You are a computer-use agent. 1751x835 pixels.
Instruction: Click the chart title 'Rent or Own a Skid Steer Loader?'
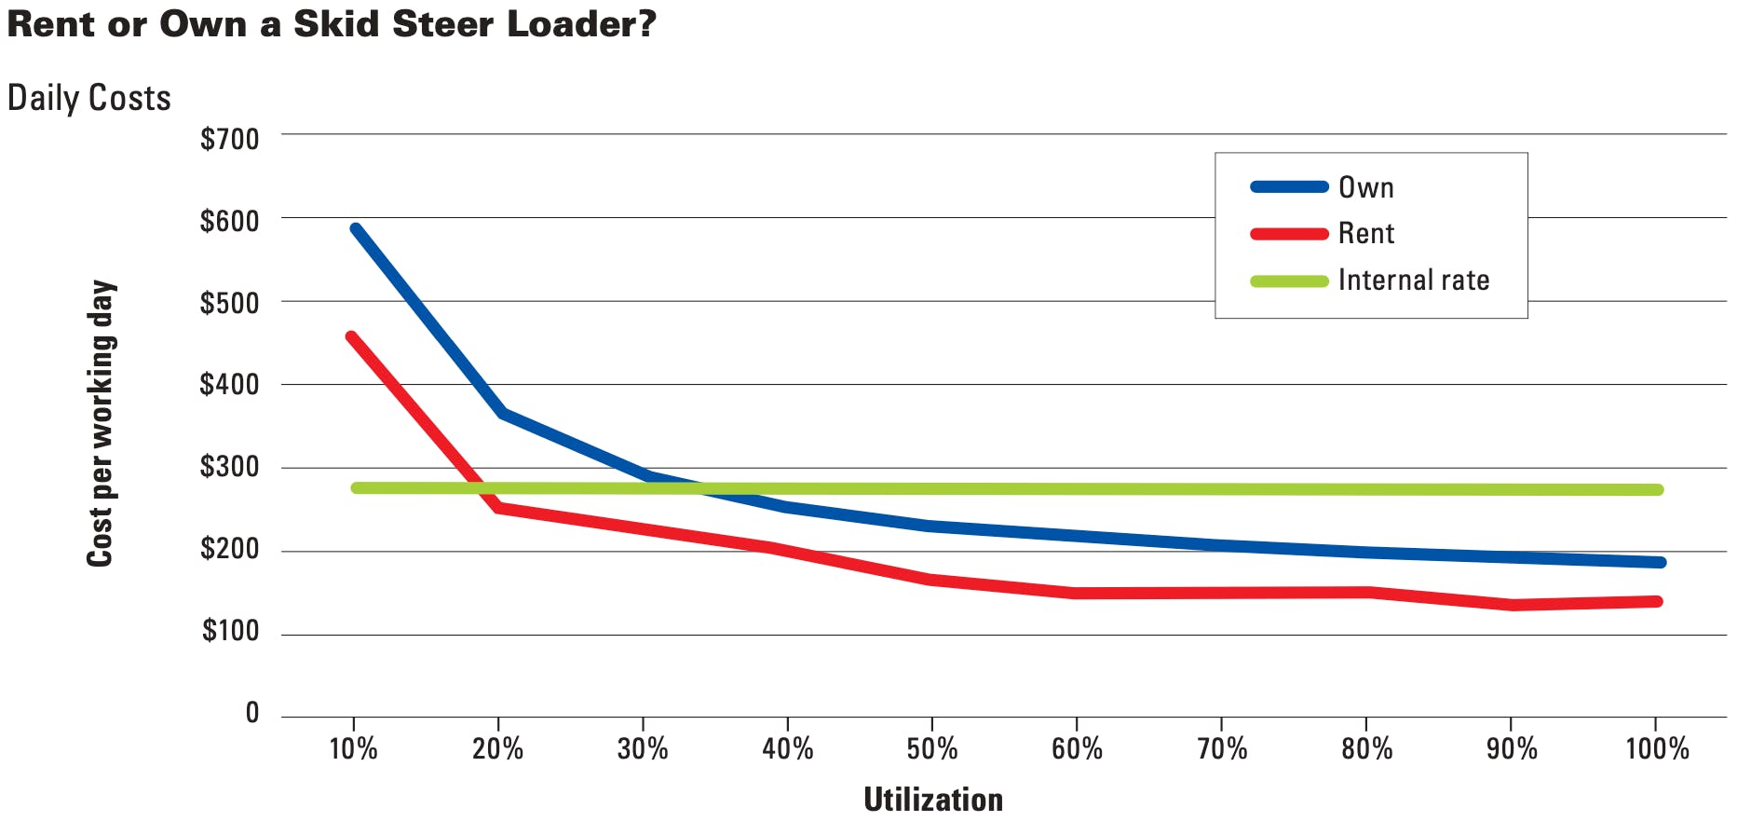click(x=332, y=24)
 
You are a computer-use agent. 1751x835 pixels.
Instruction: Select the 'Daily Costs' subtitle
click(x=89, y=98)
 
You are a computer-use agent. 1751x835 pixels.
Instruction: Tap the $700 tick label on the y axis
click(x=229, y=140)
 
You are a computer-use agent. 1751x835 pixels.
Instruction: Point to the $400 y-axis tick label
click(x=229, y=384)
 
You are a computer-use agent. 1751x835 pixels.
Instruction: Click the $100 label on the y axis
click(x=230, y=631)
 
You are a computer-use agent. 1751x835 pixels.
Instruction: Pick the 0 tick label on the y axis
click(x=251, y=713)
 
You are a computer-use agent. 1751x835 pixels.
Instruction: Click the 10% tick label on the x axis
click(x=354, y=748)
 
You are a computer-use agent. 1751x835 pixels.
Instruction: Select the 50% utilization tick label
click(x=932, y=748)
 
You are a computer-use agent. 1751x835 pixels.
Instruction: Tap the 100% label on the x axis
click(x=1657, y=748)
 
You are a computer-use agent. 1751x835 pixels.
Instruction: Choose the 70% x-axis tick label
click(x=1222, y=748)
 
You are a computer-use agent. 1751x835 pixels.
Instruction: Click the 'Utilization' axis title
click(x=933, y=800)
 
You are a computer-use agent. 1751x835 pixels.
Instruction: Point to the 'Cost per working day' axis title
click(x=100, y=423)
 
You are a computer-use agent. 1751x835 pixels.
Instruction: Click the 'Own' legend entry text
click(x=1365, y=187)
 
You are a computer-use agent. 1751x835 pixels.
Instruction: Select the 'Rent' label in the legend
click(x=1365, y=233)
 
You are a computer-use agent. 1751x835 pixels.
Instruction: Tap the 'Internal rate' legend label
click(x=1413, y=280)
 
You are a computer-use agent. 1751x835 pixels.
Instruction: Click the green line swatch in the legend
click(x=1289, y=281)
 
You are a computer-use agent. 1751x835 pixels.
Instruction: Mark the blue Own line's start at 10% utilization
click(x=356, y=229)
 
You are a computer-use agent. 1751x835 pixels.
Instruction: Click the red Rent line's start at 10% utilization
click(x=351, y=337)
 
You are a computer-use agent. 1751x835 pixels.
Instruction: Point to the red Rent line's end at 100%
click(x=1657, y=601)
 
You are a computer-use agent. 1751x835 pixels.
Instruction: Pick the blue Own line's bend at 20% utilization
click(x=501, y=413)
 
